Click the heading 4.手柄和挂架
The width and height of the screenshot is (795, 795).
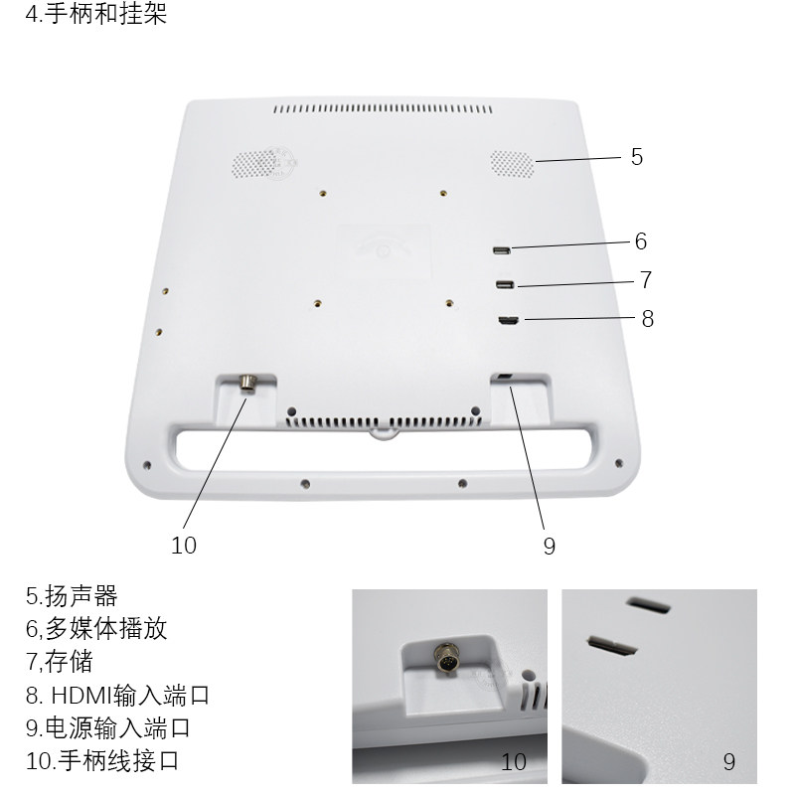pyautogui.click(x=96, y=15)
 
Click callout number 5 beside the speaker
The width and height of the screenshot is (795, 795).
pyautogui.click(x=637, y=157)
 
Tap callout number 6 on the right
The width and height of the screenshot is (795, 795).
pyautogui.click(x=641, y=241)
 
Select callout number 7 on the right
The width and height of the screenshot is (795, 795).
pyautogui.click(x=645, y=280)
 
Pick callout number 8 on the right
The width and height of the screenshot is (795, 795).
pyautogui.click(x=647, y=319)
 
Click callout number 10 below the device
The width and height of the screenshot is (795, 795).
pyautogui.click(x=184, y=545)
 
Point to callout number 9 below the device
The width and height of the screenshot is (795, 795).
pyautogui.click(x=550, y=546)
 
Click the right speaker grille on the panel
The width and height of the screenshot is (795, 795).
pyautogui.click(x=511, y=164)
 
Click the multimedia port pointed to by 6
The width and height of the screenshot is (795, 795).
pyautogui.click(x=502, y=249)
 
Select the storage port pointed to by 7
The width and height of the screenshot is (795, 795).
pyautogui.click(x=504, y=286)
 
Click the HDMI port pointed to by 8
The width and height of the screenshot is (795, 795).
pyautogui.click(x=509, y=320)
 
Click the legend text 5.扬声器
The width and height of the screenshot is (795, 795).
pyautogui.click(x=72, y=596)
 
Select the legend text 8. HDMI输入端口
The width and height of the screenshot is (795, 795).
pyautogui.click(x=117, y=695)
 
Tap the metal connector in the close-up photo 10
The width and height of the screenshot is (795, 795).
pyautogui.click(x=445, y=658)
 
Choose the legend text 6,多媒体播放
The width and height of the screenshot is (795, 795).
pyautogui.click(x=95, y=629)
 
